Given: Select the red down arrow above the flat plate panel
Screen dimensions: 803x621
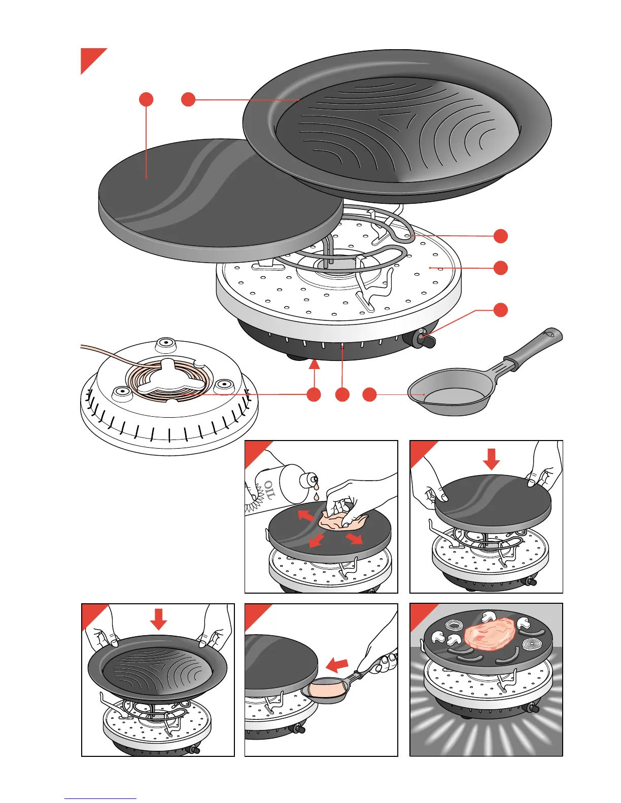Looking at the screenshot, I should click(x=491, y=459).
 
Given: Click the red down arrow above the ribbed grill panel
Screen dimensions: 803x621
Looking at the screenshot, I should click(x=158, y=619).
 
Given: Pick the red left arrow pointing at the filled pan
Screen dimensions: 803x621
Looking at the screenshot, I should click(x=336, y=664).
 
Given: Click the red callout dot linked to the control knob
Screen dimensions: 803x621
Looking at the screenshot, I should click(x=501, y=310).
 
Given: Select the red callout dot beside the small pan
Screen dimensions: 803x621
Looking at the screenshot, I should click(x=369, y=395).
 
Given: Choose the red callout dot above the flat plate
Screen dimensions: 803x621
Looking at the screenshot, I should click(x=146, y=99).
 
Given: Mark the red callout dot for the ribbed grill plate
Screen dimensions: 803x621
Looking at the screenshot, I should click(x=188, y=99).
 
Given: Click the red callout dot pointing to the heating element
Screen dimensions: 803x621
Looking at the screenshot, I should click(x=501, y=236).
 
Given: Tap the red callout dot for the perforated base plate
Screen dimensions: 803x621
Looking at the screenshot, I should click(x=501, y=268).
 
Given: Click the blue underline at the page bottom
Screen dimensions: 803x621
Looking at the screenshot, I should click(x=100, y=798).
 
